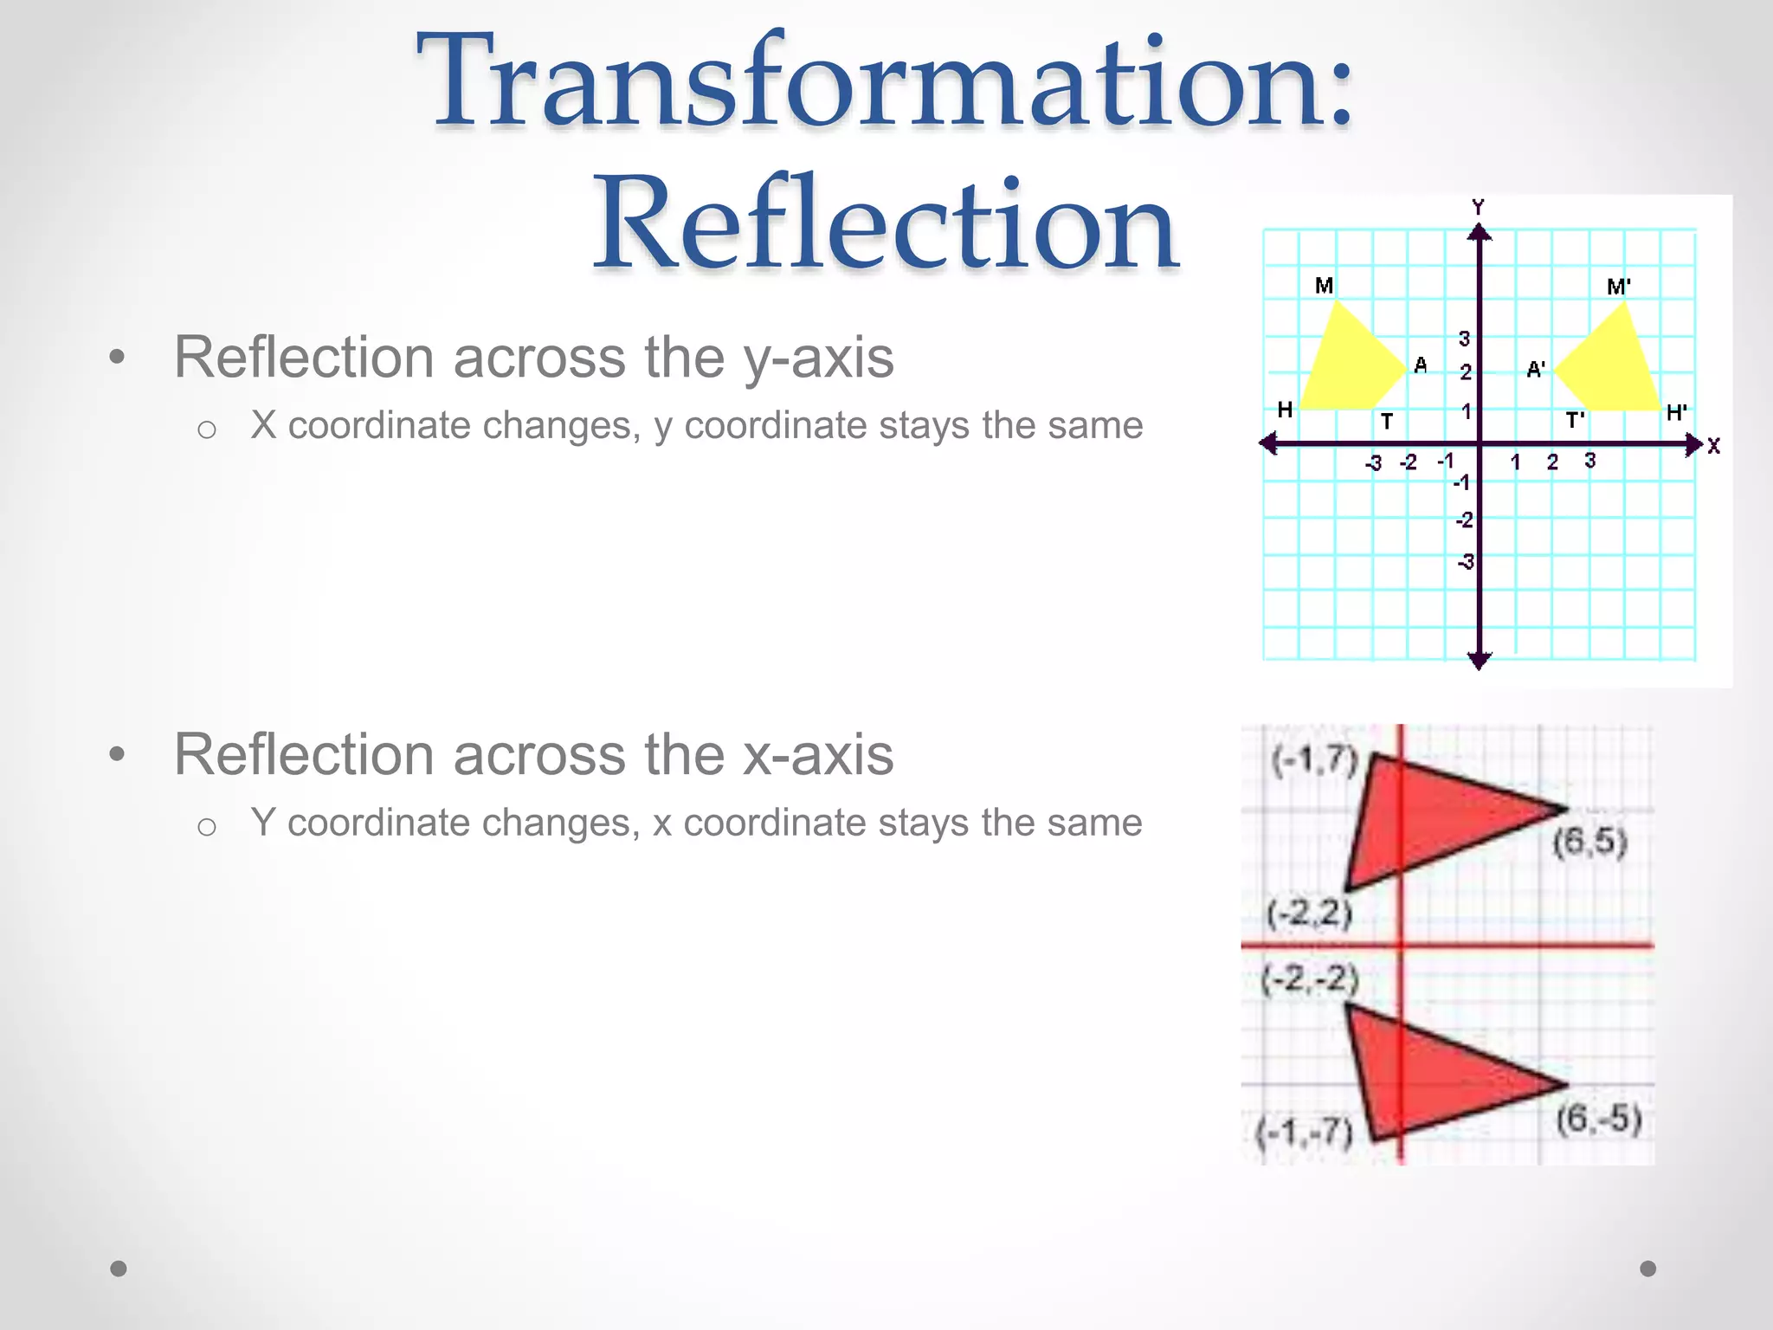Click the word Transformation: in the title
click(885, 82)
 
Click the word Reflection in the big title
click(885, 223)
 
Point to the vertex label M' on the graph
click(1618, 287)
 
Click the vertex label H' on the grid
click(1676, 413)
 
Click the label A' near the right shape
click(1535, 370)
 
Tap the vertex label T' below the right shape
click(1575, 421)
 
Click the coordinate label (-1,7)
click(1313, 760)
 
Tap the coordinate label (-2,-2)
click(1309, 979)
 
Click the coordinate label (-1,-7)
click(1305, 1131)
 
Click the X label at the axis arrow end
click(1713, 446)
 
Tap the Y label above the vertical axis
click(1478, 207)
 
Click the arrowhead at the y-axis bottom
click(1480, 661)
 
